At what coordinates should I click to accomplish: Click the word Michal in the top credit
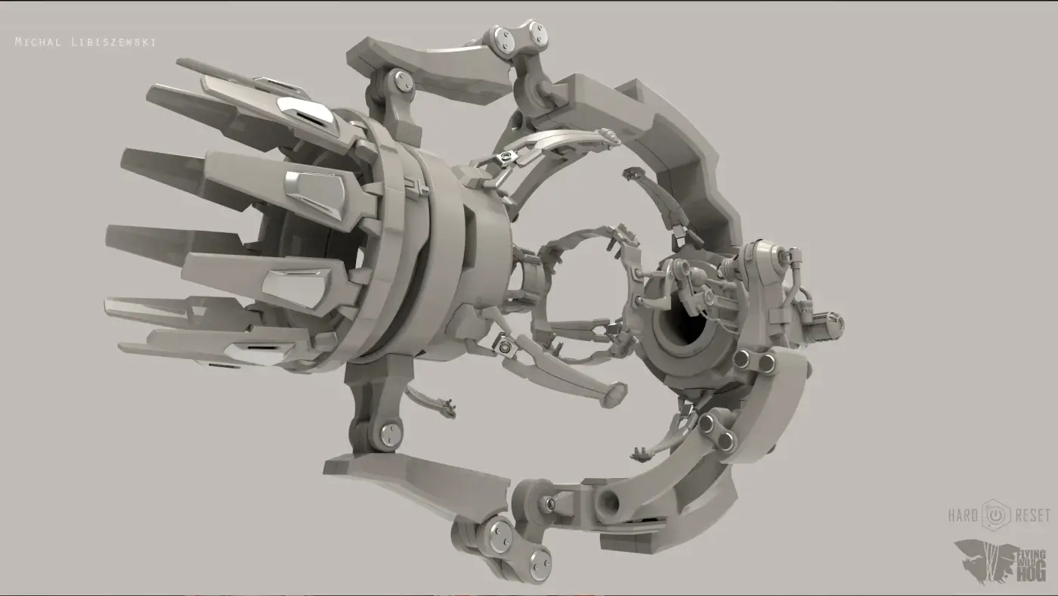(39, 42)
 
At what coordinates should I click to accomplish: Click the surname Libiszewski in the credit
(113, 42)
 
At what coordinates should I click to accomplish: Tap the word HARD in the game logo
(963, 515)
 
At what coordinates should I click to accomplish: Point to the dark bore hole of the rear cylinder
(685, 327)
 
